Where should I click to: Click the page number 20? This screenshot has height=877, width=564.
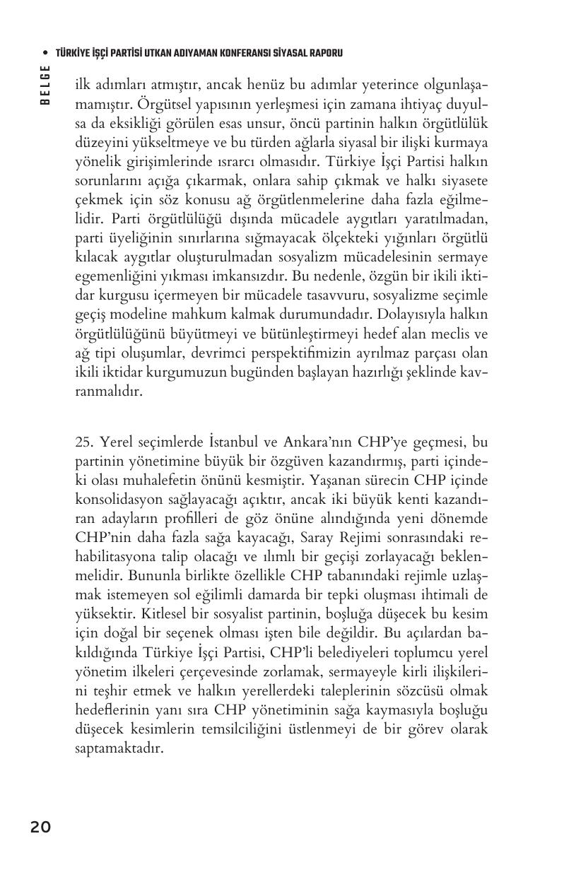point(40,826)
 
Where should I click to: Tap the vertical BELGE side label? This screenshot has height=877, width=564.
point(45,84)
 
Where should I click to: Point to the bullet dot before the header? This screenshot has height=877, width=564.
point(45,53)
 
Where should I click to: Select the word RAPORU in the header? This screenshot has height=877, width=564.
point(324,53)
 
